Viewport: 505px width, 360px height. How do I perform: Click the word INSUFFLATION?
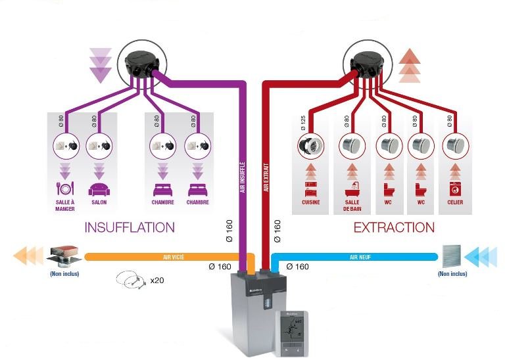130,227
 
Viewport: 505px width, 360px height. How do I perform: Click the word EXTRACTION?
394,227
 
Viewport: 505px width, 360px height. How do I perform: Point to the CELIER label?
455,202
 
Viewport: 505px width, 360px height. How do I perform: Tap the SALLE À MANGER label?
64,205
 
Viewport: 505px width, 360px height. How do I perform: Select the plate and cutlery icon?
64,189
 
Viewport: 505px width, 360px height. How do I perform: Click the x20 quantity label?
156,281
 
